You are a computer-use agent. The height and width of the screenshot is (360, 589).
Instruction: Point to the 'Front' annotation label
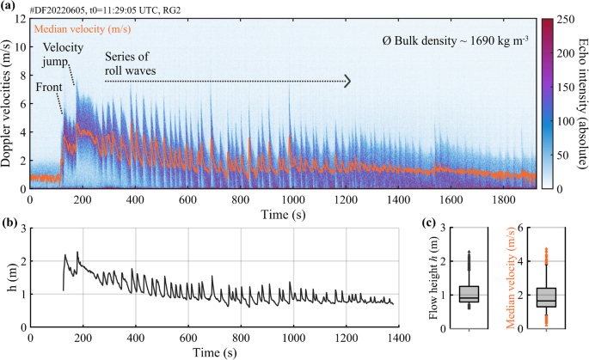pyautogui.click(x=49, y=87)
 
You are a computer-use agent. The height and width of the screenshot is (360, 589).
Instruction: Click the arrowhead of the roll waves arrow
pyautogui.click(x=347, y=81)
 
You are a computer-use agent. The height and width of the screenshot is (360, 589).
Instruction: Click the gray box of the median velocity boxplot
pyautogui.click(x=546, y=296)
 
